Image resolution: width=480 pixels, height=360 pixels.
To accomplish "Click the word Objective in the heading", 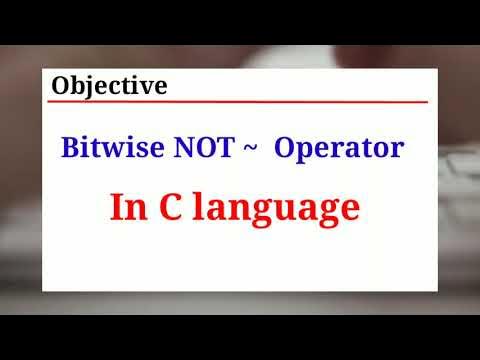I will [109, 86].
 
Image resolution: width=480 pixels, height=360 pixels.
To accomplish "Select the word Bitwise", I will [105, 149].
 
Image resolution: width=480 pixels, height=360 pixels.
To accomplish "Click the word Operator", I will [338, 149].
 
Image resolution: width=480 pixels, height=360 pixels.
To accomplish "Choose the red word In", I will [127, 207].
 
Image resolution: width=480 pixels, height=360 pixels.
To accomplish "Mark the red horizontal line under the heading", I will [240, 101].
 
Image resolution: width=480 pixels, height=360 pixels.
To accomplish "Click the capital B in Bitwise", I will [71, 149].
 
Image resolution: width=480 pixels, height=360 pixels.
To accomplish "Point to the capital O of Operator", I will [284, 149].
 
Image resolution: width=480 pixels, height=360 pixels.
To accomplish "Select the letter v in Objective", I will [146, 87].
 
